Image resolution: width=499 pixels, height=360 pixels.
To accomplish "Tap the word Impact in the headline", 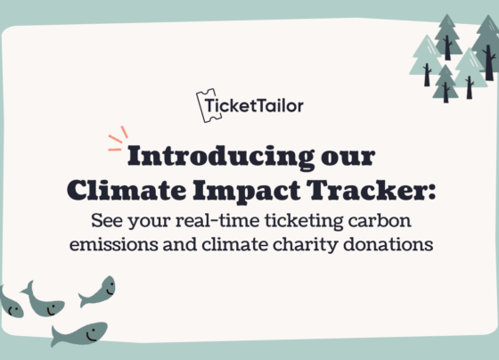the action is click(247, 191).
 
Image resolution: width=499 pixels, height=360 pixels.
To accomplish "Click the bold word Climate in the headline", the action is click(127, 190).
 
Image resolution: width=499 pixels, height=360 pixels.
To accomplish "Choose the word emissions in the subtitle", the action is click(114, 244).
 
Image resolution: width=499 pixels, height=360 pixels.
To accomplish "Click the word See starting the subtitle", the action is click(107, 220).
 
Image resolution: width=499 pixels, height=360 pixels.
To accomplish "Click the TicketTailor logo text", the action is click(254, 106).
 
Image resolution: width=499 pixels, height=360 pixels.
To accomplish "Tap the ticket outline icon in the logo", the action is click(209, 105).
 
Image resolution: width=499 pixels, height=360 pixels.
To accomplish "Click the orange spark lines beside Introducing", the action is click(118, 139).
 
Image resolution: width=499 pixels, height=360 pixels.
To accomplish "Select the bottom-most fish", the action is click(79, 334).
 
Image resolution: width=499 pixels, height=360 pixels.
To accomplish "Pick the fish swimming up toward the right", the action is click(98, 291).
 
